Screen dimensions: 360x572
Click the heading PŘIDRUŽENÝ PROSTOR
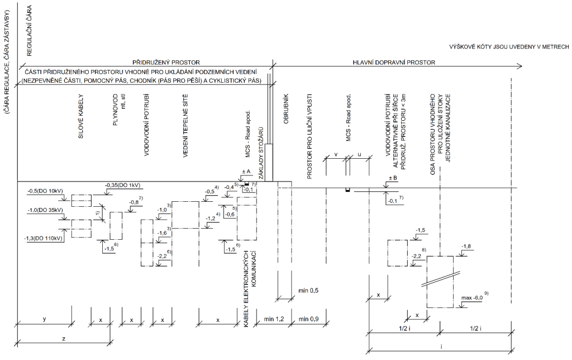click(x=166, y=61)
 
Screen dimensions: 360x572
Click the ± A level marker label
click(x=246, y=172)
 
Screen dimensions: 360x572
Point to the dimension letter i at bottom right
click(x=441, y=347)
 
